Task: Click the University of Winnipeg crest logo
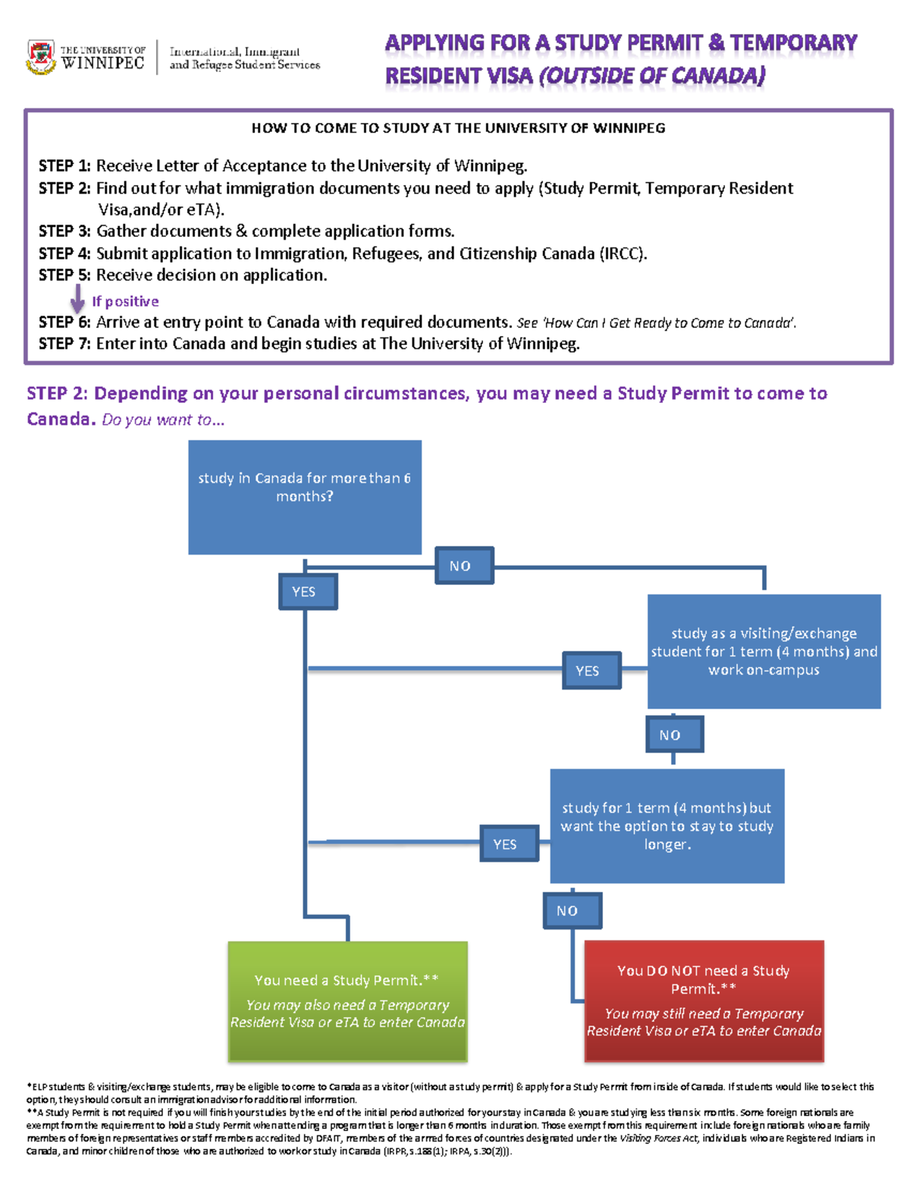coord(41,57)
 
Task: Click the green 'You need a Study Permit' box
coord(347,1001)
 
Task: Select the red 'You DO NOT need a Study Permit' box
coord(704,1001)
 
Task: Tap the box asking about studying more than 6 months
coord(305,497)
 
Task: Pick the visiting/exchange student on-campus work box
coord(764,652)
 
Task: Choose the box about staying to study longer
coord(667,826)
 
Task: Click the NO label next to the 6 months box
coord(464,566)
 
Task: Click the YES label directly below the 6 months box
coord(307,592)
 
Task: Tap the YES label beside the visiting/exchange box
coord(591,671)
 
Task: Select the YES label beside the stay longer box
coord(509,844)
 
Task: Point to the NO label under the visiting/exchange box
coord(674,735)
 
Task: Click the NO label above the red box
coord(573,911)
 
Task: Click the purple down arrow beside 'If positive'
coord(77,299)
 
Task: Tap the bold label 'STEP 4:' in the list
coord(64,253)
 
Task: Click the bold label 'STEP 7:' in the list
coord(64,344)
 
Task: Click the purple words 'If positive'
coord(125,301)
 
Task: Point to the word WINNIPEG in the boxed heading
coord(629,128)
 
